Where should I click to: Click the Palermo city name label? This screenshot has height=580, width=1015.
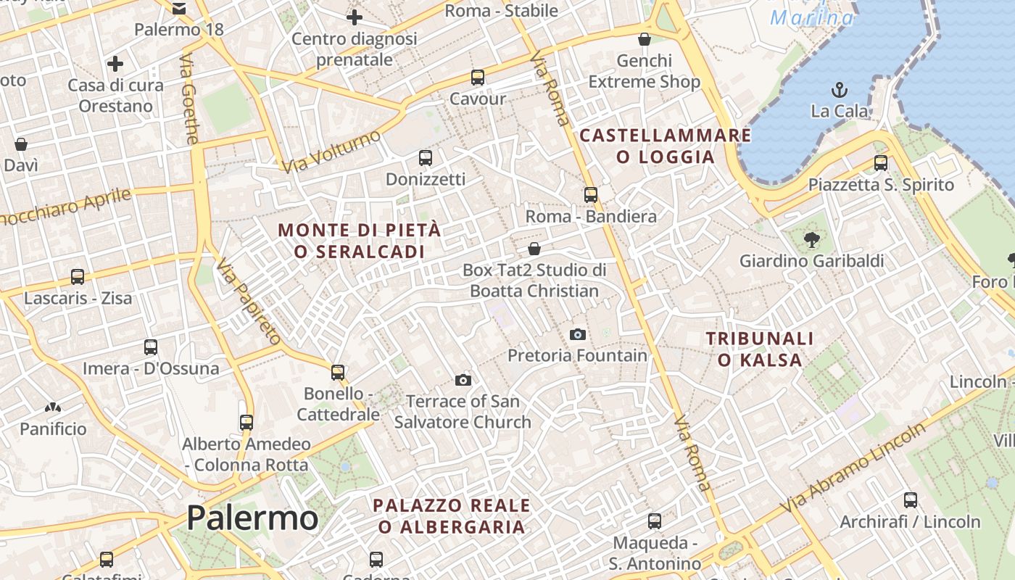[x=252, y=518]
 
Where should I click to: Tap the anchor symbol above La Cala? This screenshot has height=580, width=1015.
[x=839, y=91]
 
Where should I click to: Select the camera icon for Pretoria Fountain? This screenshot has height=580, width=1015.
[x=578, y=334]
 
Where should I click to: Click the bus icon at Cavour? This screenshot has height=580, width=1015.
[x=477, y=78]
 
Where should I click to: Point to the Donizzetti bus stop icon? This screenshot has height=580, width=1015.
[x=426, y=157]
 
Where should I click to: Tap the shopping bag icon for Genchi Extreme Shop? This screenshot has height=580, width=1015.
[x=644, y=39]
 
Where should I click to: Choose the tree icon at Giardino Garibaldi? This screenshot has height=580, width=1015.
[x=811, y=239]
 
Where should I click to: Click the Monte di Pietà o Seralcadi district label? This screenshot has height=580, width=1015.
[x=360, y=241]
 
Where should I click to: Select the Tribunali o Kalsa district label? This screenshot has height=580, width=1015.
[x=760, y=349]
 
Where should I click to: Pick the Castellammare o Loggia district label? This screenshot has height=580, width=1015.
[x=666, y=146]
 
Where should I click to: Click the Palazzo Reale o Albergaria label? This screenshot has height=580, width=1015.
[x=452, y=515]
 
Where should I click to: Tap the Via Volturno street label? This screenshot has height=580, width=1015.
[x=331, y=152]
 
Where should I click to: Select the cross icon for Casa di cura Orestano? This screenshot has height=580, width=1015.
[x=115, y=64]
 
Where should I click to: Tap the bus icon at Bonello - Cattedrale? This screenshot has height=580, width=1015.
[x=338, y=372]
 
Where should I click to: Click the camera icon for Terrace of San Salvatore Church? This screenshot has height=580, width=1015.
[x=463, y=380]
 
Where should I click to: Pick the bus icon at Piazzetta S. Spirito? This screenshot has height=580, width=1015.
[x=881, y=162]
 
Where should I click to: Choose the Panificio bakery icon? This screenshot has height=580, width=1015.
[x=52, y=408]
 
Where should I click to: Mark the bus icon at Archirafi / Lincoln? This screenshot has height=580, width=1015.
[x=910, y=500]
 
